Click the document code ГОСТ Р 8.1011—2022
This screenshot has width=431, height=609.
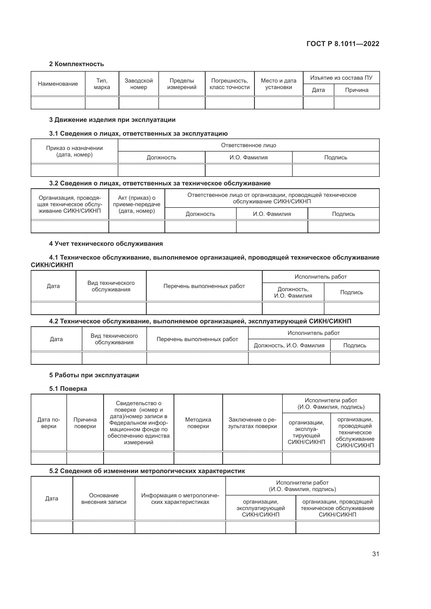point(343,44)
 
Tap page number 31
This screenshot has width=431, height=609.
point(375,554)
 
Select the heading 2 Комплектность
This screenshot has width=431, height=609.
point(76,64)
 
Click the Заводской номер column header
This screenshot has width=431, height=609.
point(139,84)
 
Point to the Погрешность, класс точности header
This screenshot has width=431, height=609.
point(230,84)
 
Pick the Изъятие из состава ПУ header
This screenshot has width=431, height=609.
point(341,78)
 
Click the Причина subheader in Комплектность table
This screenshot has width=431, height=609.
point(356,90)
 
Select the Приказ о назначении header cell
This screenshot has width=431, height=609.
point(74,151)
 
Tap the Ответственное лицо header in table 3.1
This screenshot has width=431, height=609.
point(248,145)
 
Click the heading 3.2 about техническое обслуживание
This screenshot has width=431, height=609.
point(160,183)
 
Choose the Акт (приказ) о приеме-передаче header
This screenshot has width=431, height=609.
point(137,204)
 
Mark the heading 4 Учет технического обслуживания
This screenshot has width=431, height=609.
point(106,243)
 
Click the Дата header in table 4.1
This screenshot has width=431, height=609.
point(53,286)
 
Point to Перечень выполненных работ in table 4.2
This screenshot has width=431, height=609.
point(197,339)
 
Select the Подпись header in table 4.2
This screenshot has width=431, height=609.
point(355,345)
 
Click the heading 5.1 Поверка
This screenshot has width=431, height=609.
point(68,388)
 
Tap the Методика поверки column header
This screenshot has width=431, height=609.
point(198,423)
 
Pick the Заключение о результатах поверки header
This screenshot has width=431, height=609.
point(252,423)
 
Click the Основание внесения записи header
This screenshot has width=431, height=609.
point(104,498)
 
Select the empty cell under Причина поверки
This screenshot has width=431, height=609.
point(85,458)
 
